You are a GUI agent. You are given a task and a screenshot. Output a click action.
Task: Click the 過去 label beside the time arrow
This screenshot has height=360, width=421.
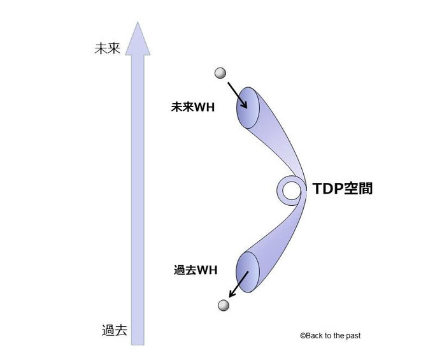coord(114,330)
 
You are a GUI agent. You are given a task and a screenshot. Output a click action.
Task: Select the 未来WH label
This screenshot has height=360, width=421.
coord(193,108)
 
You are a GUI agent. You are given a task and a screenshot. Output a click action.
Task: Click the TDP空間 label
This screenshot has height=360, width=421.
coord(342,189)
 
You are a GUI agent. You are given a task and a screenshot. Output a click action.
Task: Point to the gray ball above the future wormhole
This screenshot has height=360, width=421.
coord(220,73)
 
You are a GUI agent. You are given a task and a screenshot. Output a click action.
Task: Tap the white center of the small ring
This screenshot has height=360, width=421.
coord(291,190)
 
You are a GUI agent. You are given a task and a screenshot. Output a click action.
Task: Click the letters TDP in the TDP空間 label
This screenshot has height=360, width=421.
coord(324,189)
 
